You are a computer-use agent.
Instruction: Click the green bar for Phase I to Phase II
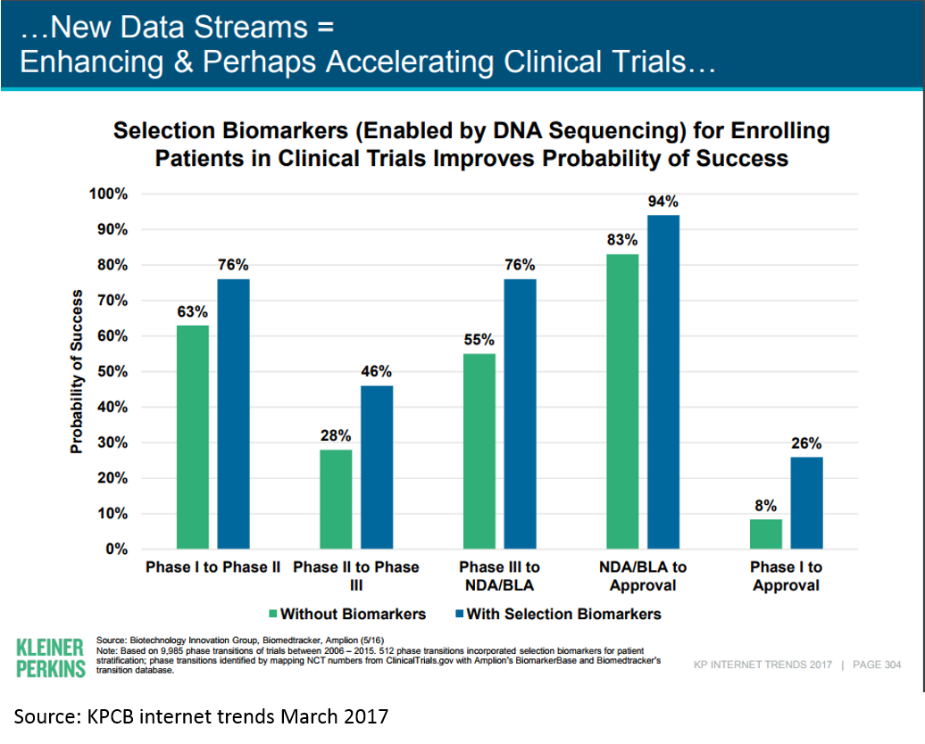pos(193,437)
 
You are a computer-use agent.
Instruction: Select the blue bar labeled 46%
pos(377,467)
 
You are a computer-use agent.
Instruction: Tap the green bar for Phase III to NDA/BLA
pos(479,451)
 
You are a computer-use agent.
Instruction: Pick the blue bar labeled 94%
pos(663,382)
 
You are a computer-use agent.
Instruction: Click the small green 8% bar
pos(766,534)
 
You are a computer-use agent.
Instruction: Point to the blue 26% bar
pos(807,503)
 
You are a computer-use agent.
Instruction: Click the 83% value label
pos(622,240)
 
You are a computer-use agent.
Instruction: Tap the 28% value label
pos(336,435)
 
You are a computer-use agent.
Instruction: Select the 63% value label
pos(192,311)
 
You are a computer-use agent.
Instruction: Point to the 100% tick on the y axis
pos(109,194)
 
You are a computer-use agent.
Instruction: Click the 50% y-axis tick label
pos(112,371)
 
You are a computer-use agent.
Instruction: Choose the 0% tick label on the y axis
pos(117,549)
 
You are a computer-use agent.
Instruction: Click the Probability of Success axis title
pos(77,371)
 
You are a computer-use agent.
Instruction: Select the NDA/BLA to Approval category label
pos(643,576)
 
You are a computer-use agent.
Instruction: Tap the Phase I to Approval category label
pos(787,576)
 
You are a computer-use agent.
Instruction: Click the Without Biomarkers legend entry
pos(347,614)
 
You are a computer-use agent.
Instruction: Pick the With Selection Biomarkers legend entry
pos(558,614)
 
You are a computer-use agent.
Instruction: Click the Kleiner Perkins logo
pos(51,658)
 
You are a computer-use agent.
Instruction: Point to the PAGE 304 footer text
pos(877,665)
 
